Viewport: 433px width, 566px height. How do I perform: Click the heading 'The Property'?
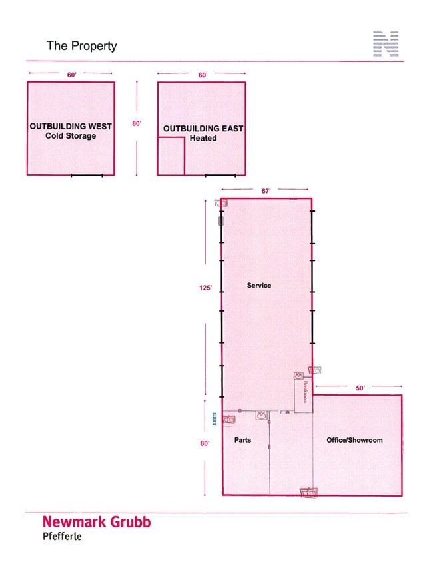tap(82, 46)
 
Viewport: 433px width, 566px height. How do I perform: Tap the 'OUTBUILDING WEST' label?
tap(71, 126)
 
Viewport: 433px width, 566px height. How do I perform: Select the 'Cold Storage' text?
tap(71, 136)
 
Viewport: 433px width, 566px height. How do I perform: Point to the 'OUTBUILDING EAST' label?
tap(203, 129)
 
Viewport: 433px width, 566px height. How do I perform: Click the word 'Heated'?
tap(203, 138)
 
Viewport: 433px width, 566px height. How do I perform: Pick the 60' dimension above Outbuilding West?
tap(72, 75)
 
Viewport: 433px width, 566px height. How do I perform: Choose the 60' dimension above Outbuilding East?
tap(203, 75)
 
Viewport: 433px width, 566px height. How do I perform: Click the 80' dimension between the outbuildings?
tap(137, 123)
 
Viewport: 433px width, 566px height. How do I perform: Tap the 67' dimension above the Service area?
tap(266, 191)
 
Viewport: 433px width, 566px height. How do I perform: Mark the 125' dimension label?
tap(206, 288)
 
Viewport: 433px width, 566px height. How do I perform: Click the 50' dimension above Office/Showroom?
tap(360, 388)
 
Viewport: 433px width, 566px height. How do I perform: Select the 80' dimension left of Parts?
tap(205, 443)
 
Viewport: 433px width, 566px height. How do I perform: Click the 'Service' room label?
tap(259, 286)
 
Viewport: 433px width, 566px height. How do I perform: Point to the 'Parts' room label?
tap(242, 440)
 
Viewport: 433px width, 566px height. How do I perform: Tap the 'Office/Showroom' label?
tap(354, 440)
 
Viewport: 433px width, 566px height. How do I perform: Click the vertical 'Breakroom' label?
tap(306, 392)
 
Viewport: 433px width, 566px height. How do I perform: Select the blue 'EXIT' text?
tap(215, 419)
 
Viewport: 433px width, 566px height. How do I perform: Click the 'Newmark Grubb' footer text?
tap(97, 522)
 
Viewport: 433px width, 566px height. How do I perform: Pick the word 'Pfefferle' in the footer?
tap(62, 536)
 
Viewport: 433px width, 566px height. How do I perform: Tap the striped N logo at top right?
tap(386, 43)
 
